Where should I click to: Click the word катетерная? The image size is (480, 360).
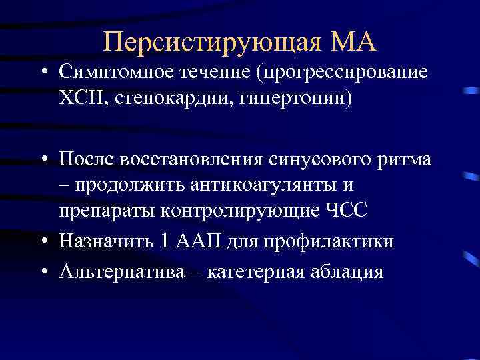(x=261, y=271)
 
